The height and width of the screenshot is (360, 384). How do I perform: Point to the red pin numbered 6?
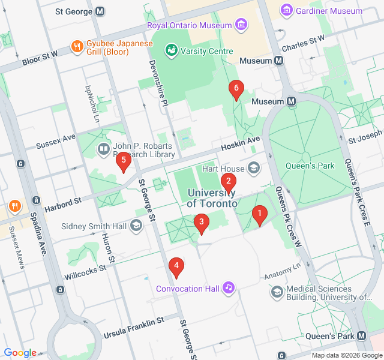236,90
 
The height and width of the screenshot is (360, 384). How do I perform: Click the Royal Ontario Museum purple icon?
241,25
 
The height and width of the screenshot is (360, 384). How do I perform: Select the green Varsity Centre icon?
171,51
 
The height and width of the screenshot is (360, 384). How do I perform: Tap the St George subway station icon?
100,11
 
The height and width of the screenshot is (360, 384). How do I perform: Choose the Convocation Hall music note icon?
229,288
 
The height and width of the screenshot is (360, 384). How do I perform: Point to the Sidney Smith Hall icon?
136,226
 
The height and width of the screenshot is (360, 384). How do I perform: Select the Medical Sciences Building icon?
277,292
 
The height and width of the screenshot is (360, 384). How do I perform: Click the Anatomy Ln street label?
281,273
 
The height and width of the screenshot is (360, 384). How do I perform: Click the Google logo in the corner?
20,353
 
